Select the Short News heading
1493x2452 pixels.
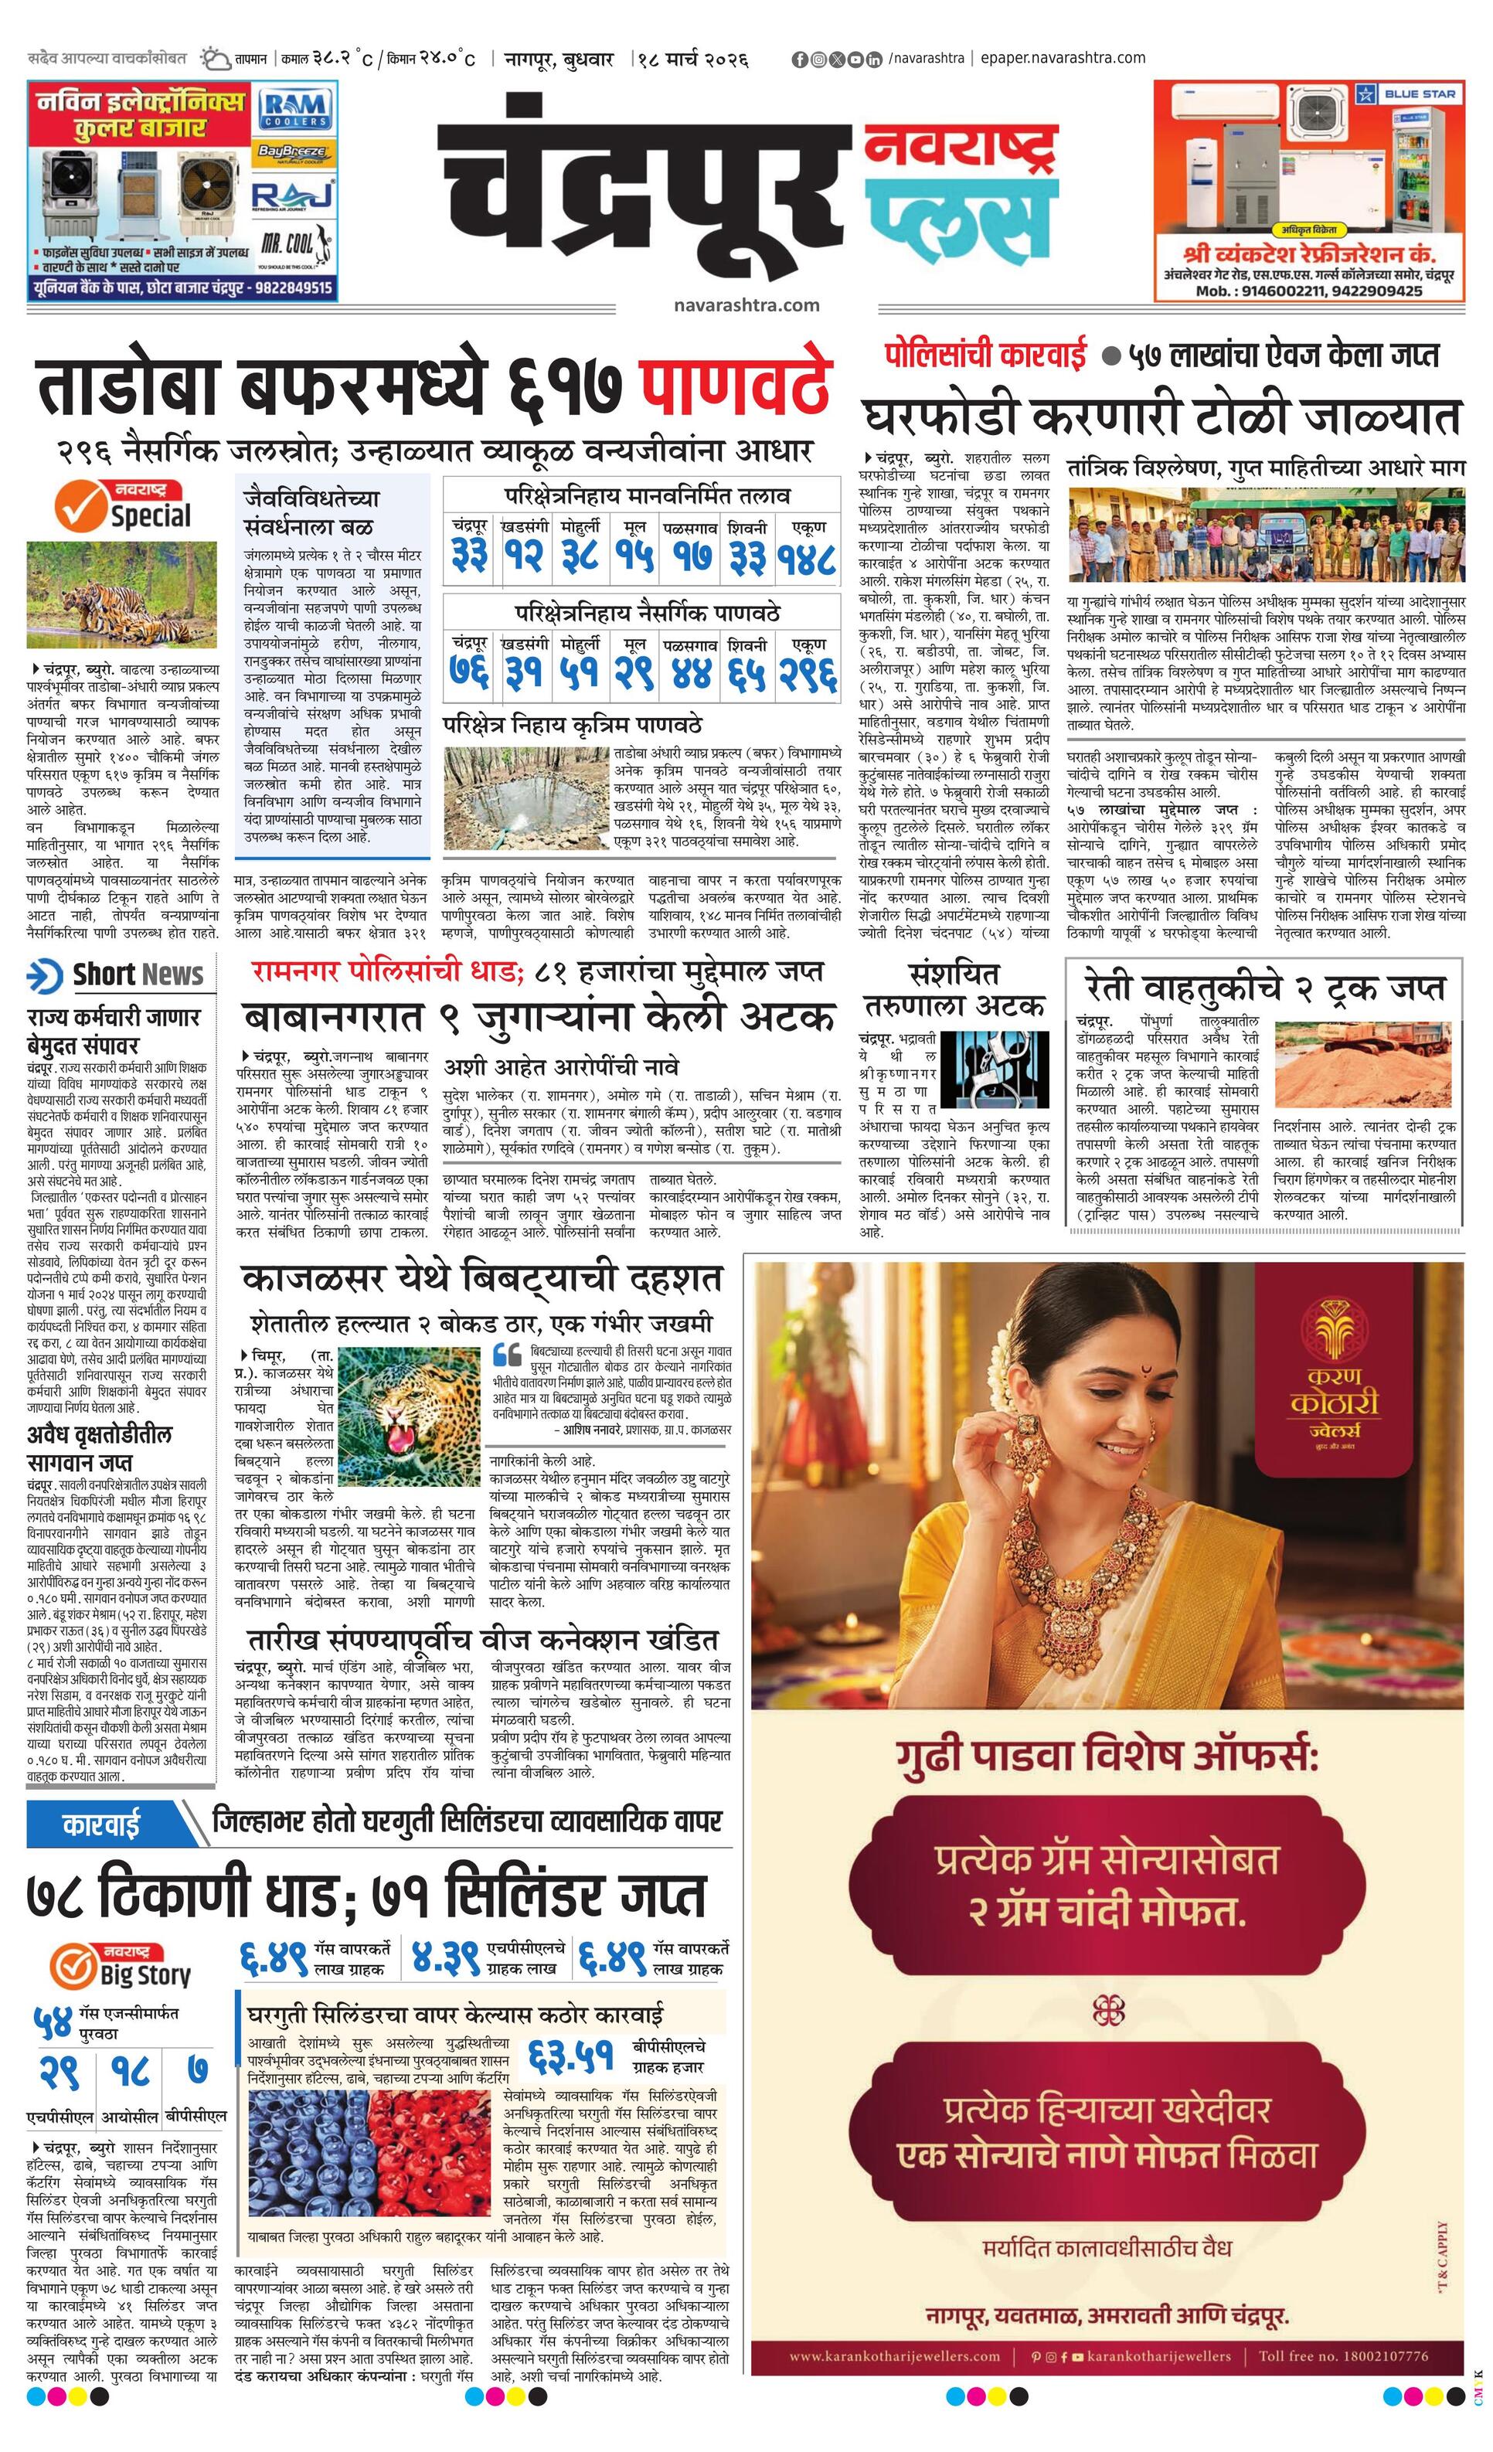[120, 976]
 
